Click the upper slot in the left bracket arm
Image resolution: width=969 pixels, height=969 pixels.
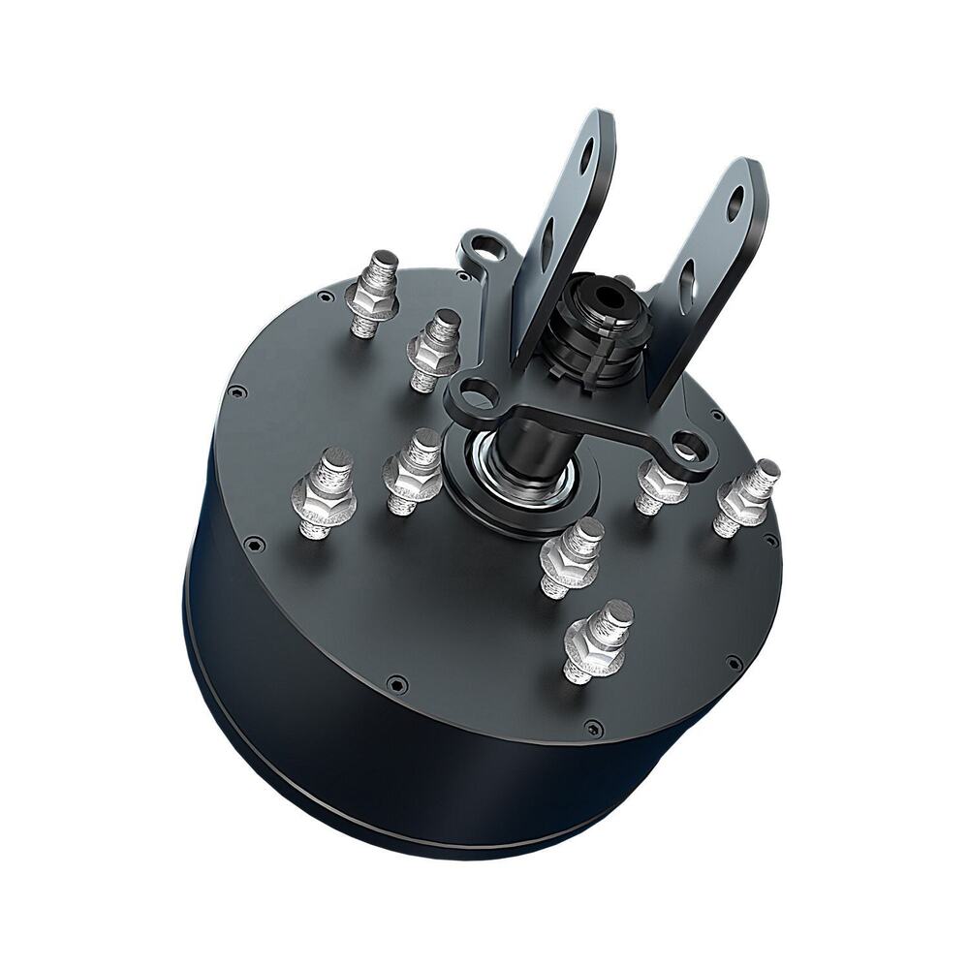coord(587,157)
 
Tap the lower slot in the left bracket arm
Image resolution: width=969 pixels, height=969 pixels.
coord(548,233)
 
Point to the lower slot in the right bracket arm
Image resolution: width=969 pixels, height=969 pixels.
coord(687,281)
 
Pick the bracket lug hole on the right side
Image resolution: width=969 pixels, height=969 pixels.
coord(687,447)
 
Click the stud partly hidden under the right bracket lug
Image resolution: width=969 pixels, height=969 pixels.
coord(659,487)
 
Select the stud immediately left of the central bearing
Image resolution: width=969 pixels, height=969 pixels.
coord(415,469)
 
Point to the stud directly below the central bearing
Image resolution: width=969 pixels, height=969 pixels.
coord(572,556)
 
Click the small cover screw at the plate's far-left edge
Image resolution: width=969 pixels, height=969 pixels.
coord(235,391)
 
